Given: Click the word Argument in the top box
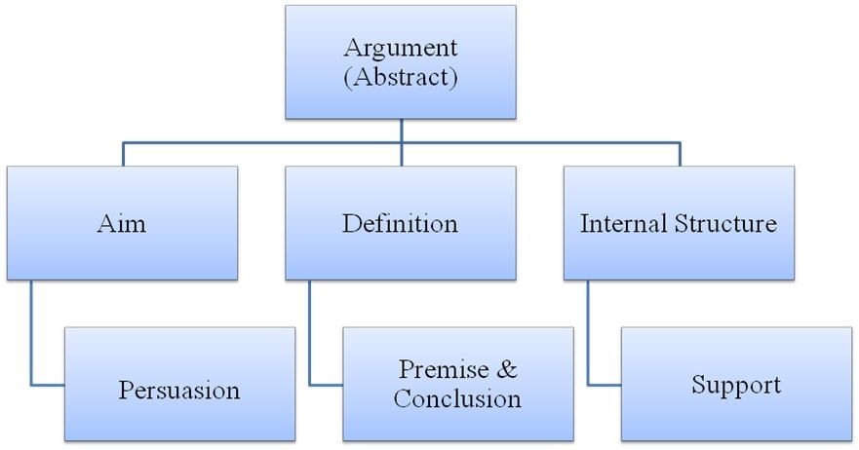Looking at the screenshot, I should click(x=401, y=48).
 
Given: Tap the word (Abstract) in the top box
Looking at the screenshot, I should click(x=401, y=78).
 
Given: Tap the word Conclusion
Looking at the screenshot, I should click(x=457, y=398).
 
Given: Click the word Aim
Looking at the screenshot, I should click(x=122, y=224).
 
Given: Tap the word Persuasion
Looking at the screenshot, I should click(x=179, y=391).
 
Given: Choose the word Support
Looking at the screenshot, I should click(x=736, y=384).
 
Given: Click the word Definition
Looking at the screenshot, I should click(x=400, y=224).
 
